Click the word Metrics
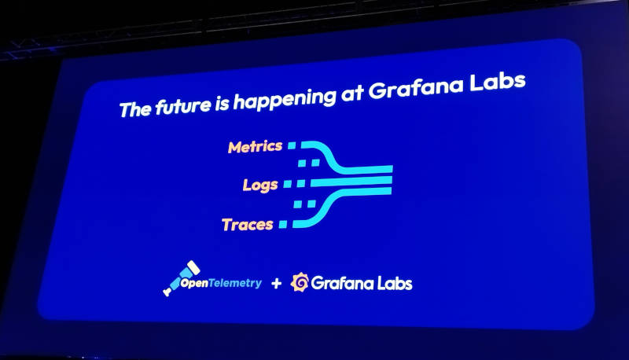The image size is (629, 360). coord(255,147)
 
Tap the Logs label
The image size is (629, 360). coord(260,185)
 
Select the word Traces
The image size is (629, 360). coord(248,225)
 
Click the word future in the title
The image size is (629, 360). coord(183,106)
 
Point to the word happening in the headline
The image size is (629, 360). coord(285,98)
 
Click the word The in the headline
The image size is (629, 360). coord(135,109)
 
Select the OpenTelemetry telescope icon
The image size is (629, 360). coord(181,278)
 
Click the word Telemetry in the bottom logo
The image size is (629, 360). coord(235,284)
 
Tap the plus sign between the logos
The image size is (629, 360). coord(276,284)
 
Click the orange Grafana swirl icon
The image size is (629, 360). coord(300,282)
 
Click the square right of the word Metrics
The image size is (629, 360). coord(292,145)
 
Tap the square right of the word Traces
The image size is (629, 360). coord(283,224)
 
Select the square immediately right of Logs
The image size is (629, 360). coord(288,184)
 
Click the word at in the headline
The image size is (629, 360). coord(351,94)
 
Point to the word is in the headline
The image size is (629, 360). coord(222,104)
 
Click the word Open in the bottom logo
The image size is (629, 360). coord(194,284)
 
